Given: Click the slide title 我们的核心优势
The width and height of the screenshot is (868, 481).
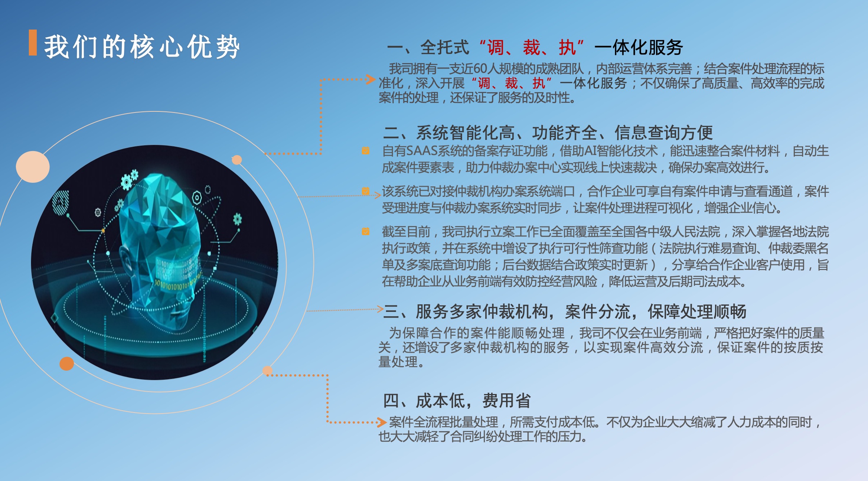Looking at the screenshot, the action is [142, 47].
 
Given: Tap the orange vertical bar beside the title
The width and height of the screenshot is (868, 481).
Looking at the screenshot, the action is [33, 43].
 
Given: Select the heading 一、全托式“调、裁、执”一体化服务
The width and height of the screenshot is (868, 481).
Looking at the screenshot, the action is [535, 47].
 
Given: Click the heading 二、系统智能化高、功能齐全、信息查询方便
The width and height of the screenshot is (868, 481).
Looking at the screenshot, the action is [548, 133].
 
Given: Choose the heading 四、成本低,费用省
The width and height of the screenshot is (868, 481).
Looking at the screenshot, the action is [457, 401].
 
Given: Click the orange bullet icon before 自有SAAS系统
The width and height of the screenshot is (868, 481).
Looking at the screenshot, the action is [366, 150].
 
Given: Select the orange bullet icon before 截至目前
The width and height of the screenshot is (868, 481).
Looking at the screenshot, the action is [366, 231].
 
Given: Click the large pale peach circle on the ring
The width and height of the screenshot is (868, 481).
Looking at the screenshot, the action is [33, 167].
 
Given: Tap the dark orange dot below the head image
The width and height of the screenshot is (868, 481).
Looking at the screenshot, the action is [67, 363].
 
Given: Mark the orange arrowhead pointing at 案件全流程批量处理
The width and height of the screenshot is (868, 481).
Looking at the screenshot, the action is [382, 422].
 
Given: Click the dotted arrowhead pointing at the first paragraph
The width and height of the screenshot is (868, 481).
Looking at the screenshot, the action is [371, 79].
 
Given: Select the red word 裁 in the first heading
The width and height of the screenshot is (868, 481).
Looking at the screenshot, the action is [531, 47].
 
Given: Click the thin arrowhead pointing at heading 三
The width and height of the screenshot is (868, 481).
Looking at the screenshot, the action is [380, 309].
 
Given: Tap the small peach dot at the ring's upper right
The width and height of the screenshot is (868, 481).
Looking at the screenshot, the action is [237, 160].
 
